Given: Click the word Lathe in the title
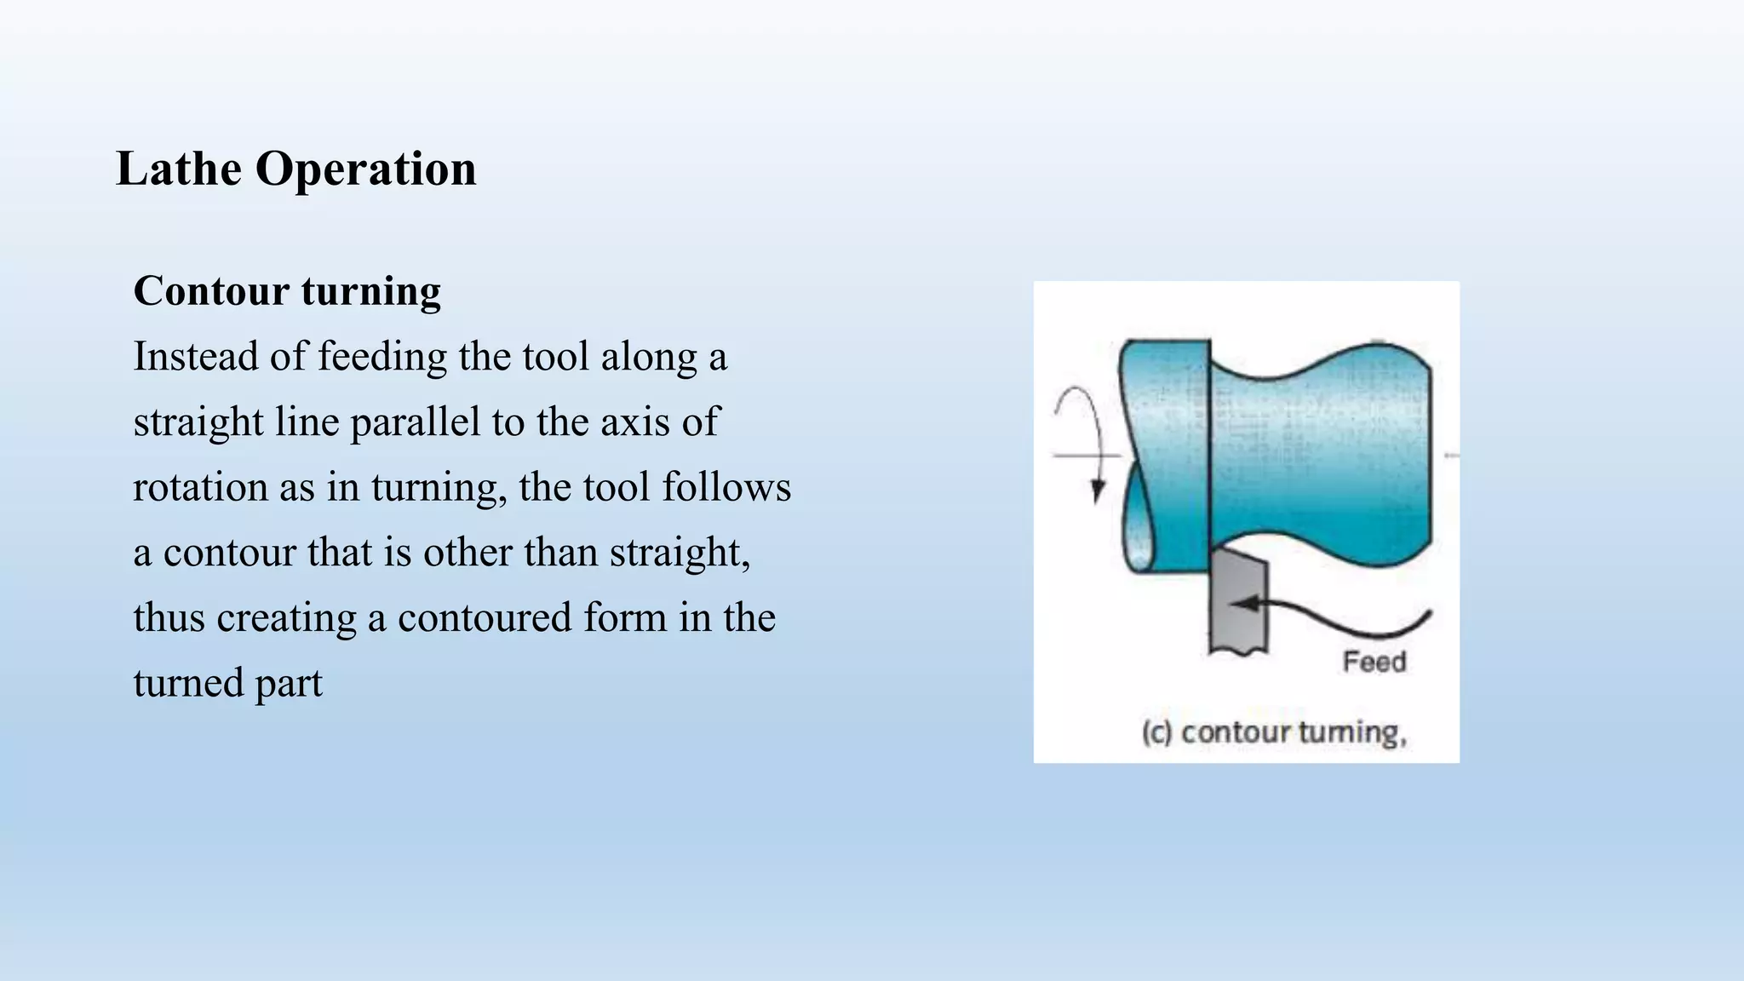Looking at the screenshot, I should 179,169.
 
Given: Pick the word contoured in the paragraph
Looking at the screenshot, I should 484,617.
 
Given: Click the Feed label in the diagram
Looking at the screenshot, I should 1374,662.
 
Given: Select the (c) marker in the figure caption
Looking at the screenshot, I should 1156,732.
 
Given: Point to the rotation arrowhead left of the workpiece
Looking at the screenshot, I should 1098,492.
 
